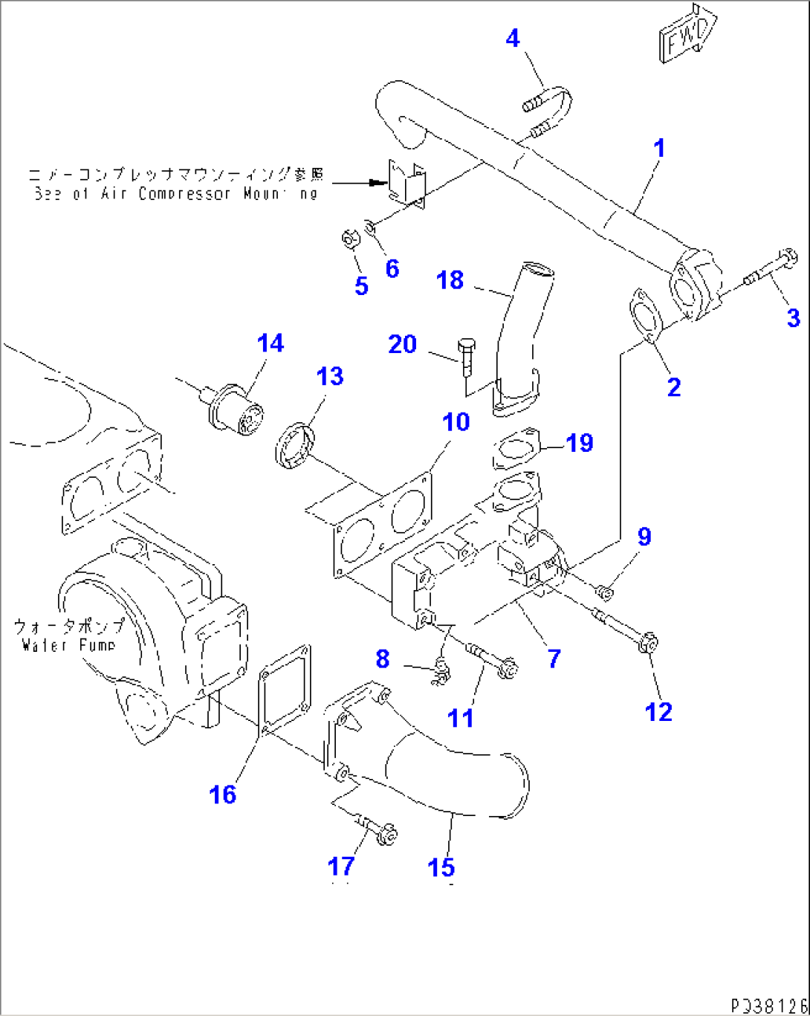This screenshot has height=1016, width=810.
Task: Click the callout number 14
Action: (x=270, y=343)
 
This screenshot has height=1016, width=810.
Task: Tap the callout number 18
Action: (x=450, y=280)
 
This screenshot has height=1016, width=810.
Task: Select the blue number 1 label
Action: (x=658, y=148)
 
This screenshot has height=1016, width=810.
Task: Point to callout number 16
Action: (x=222, y=794)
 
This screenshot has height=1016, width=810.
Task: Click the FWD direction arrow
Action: (x=687, y=33)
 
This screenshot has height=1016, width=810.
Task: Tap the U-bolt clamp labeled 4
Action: (x=550, y=111)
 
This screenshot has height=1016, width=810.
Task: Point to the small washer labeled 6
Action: (x=371, y=224)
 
